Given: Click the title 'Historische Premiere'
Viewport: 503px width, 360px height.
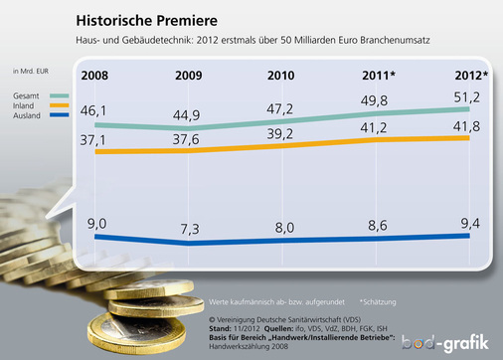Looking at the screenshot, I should [147, 20].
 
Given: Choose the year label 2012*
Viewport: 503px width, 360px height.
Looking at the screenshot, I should [468, 75].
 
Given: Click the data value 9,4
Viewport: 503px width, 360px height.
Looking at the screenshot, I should [468, 222].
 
